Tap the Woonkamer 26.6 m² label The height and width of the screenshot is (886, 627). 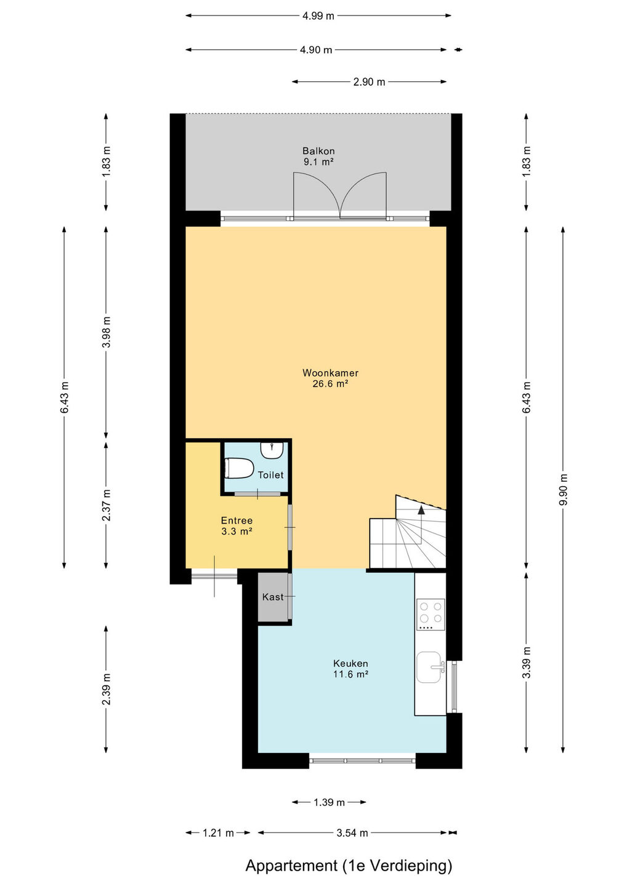[331, 378]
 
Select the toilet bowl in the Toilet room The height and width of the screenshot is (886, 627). [239, 468]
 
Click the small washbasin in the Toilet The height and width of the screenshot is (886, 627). [272, 450]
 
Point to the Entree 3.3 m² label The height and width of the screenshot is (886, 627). [237, 525]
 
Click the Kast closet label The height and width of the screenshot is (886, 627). [273, 597]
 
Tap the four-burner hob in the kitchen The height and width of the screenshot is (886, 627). [431, 614]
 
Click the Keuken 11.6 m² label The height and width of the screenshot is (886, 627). [350, 668]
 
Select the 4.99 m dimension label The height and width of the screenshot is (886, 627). [318, 16]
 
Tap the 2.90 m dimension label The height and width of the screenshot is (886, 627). [369, 82]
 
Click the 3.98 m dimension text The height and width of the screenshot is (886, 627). [107, 332]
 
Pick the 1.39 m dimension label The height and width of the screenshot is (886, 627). [329, 802]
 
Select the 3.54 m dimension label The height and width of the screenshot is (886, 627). [352, 833]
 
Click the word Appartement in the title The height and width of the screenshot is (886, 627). [291, 866]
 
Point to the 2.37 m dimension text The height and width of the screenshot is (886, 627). [107, 506]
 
